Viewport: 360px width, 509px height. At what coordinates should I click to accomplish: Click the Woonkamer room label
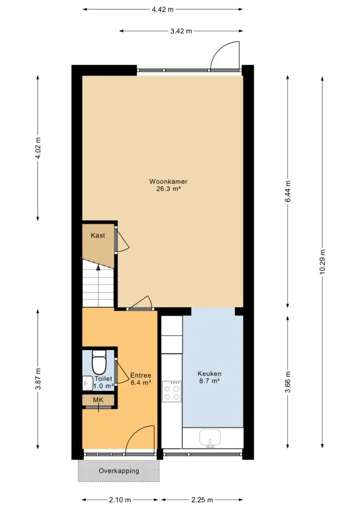[x=168, y=181]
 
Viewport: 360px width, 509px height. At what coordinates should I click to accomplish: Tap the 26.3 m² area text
[x=168, y=188]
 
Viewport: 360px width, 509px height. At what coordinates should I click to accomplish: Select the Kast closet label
[x=97, y=235]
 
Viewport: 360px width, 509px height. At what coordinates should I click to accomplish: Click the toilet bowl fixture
[x=99, y=362]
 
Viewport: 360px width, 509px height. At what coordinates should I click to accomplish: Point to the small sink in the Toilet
[x=88, y=383]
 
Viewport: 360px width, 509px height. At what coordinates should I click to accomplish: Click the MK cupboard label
[x=98, y=400]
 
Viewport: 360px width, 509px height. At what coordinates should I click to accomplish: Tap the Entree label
[x=141, y=375]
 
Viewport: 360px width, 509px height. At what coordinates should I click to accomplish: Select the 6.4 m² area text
[x=141, y=383]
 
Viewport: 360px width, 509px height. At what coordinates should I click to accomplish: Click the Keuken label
[x=210, y=374]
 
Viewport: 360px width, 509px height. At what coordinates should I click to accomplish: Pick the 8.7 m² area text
[x=210, y=381]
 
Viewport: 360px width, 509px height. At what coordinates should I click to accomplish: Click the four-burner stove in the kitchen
[x=172, y=391]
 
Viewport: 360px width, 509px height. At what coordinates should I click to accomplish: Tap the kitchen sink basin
[x=210, y=438]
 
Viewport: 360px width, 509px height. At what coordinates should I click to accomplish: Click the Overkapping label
[x=119, y=471]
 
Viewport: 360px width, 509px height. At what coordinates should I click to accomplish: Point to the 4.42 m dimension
[x=163, y=9]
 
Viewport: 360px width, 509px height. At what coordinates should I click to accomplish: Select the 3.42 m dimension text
[x=181, y=31]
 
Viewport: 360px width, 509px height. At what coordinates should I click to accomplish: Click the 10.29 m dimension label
[x=322, y=262]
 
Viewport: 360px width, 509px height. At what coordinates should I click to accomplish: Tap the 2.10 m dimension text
[x=120, y=500]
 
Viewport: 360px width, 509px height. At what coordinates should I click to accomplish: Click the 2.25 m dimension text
[x=202, y=500]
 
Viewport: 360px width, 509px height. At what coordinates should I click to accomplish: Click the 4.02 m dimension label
[x=38, y=148]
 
